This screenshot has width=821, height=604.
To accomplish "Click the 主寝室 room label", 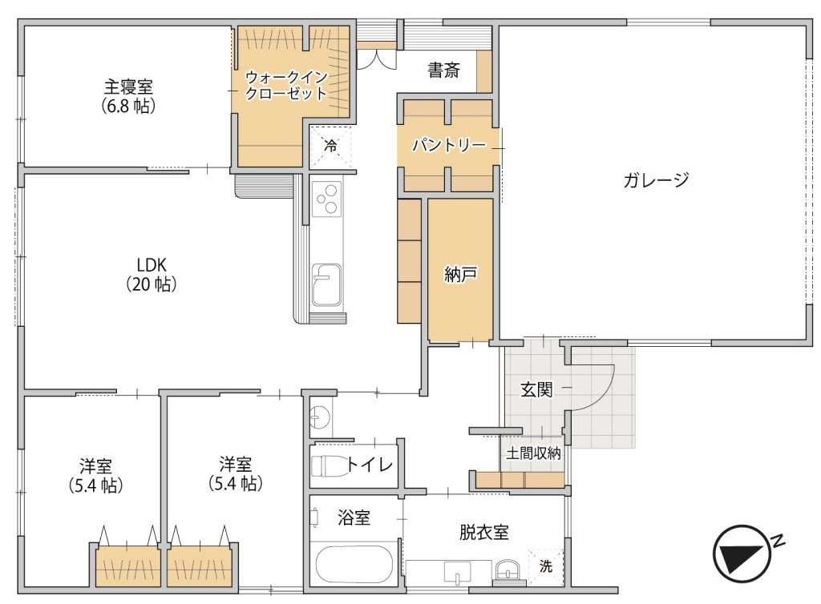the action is coord(128,87).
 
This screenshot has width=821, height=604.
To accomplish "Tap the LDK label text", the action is coord(152,265).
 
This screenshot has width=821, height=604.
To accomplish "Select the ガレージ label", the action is coord(656,180).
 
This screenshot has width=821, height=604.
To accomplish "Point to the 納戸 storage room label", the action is coord(460,273).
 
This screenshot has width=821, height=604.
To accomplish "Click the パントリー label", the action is coord(449,144).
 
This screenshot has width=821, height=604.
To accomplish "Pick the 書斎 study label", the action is coord(443,70).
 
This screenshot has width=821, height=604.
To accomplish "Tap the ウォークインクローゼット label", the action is coord(286,85).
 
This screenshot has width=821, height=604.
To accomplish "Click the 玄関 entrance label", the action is coord(536,389).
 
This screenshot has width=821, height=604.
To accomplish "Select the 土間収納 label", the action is coord(533,453).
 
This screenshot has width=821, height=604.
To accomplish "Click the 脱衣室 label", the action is coord(483,533).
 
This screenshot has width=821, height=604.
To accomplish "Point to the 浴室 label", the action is coord(354,517).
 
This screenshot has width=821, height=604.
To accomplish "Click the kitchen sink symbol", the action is coord(326,285).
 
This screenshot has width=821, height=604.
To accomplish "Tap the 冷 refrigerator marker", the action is coord(330,146).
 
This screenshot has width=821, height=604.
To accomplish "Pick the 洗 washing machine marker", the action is coord(545,566).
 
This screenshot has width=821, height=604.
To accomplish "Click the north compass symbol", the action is coord(742,554).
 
